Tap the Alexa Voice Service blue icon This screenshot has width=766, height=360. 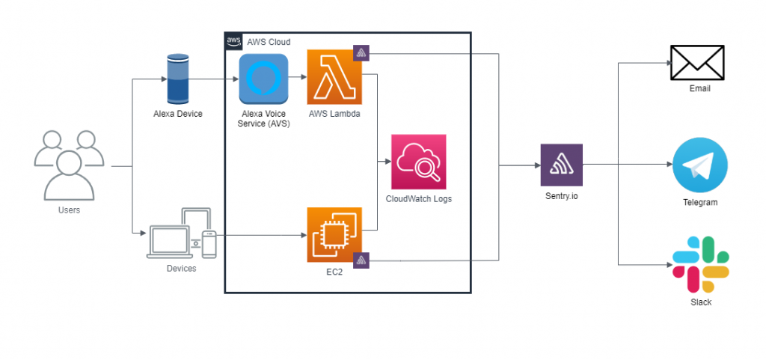(263, 79)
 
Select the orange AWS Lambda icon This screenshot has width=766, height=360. (334, 77)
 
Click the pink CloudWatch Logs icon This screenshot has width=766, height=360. (418, 162)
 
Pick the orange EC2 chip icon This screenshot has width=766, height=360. (334, 235)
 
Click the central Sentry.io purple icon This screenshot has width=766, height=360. (561, 165)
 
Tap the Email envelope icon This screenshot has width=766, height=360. (697, 62)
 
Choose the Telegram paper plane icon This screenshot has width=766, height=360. (699, 165)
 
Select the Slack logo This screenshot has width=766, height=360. (701, 264)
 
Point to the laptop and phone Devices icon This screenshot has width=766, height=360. (182, 234)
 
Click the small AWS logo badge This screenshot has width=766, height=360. (233, 41)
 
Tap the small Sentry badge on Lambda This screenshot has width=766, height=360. (363, 54)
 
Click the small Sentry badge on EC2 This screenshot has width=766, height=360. (363, 260)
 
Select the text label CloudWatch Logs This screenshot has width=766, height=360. (418, 199)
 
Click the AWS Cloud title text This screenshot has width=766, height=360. (269, 42)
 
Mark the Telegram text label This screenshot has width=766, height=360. (699, 203)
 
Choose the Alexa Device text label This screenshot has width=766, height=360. (177, 113)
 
